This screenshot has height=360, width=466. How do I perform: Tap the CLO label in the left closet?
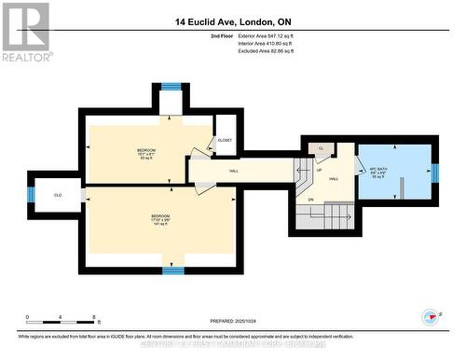pyautogui.click(x=58, y=195)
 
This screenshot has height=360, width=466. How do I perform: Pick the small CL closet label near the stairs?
pyautogui.click(x=321, y=148)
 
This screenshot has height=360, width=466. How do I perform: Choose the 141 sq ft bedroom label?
pyautogui.click(x=160, y=220)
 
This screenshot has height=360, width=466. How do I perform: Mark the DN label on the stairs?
pyautogui.click(x=310, y=199)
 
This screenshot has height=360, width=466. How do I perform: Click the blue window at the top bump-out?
pyautogui.click(x=171, y=87)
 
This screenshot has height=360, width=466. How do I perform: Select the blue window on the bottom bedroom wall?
pyautogui.click(x=172, y=270)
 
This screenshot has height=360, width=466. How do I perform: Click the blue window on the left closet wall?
pyautogui.click(x=31, y=195)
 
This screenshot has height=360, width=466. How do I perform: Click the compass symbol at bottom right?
pyautogui.click(x=429, y=316)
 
